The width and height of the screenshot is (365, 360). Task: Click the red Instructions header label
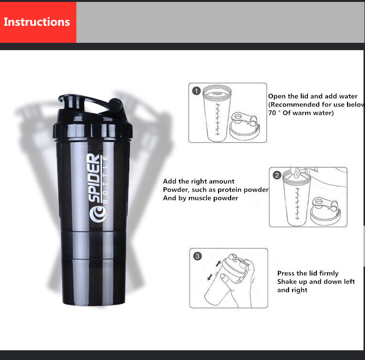tap(37, 22)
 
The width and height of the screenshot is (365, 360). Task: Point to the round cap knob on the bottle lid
tap(116, 105)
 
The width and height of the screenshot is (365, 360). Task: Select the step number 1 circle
tap(196, 91)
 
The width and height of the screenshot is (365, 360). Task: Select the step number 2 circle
tap(276, 175)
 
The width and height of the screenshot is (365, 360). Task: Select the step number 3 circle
tap(197, 256)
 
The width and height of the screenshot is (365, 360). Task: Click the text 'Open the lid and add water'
tap(312, 96)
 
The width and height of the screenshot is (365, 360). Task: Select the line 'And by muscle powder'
tap(201, 198)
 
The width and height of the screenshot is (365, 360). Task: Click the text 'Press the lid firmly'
tap(308, 273)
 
